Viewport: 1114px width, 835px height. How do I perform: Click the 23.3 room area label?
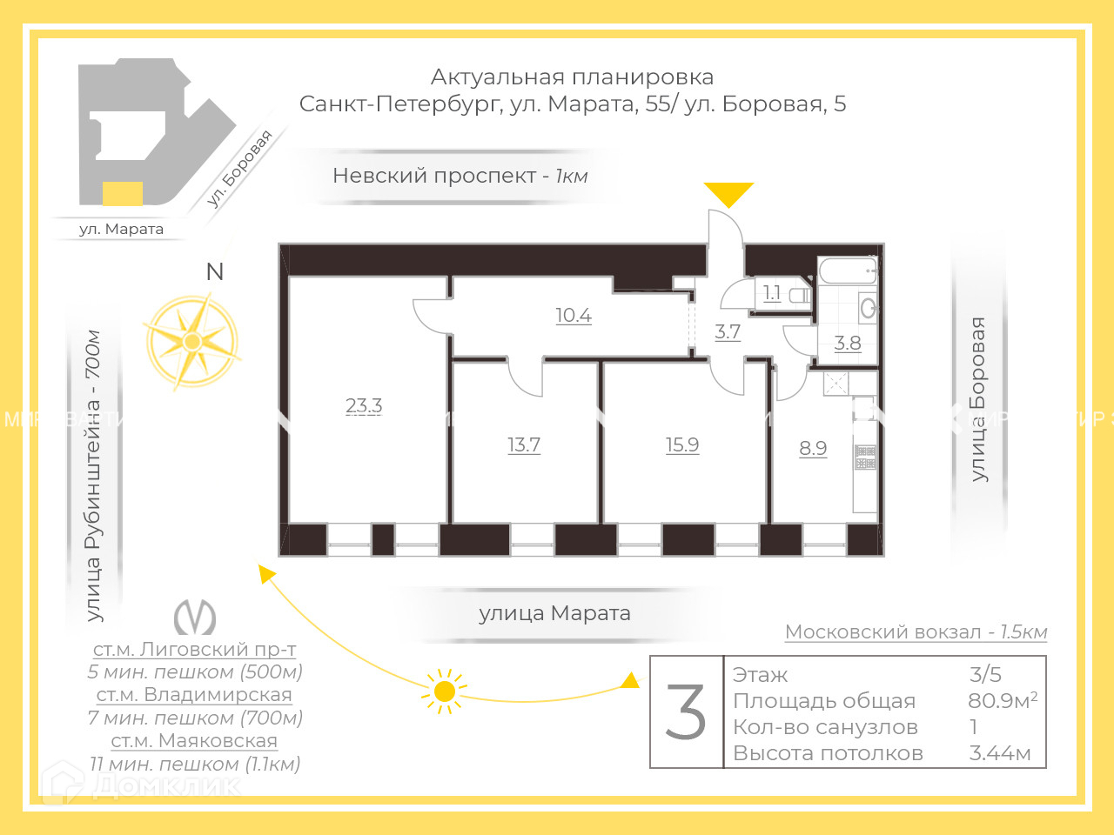(x=364, y=405)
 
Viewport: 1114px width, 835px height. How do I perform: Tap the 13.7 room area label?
(x=524, y=444)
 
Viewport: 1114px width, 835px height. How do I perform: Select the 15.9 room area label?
(x=682, y=444)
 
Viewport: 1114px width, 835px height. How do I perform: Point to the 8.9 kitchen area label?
(x=813, y=448)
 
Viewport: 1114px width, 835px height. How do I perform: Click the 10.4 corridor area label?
(x=574, y=315)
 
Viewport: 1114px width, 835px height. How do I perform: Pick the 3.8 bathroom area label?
(x=848, y=343)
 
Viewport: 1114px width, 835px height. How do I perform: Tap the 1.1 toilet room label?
(x=772, y=293)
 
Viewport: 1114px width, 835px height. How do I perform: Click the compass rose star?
(x=191, y=342)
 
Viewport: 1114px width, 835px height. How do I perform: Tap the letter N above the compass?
(x=215, y=272)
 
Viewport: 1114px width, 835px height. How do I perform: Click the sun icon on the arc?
(x=444, y=691)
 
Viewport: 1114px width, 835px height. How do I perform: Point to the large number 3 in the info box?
(x=686, y=712)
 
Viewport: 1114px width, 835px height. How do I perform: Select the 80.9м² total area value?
(x=1002, y=700)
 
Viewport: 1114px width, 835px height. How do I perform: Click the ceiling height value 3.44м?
(x=999, y=753)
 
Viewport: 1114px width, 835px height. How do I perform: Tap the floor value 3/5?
(x=985, y=674)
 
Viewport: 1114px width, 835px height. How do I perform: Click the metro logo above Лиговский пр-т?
(x=195, y=618)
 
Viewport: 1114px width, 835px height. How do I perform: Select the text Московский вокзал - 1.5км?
(x=916, y=632)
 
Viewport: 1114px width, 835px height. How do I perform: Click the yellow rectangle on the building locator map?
(x=123, y=193)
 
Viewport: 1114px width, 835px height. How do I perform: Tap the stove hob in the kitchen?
(x=865, y=457)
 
